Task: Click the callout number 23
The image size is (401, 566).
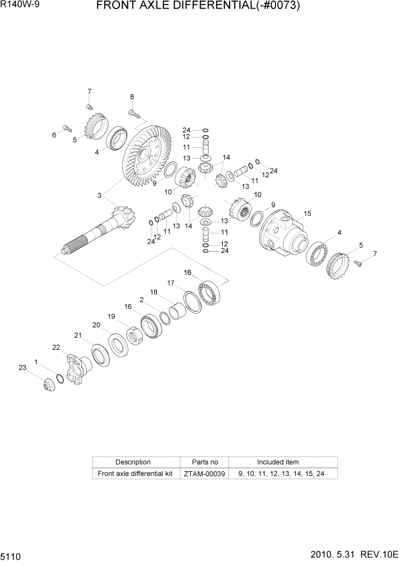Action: [x=22, y=368]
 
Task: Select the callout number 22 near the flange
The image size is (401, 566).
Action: [x=56, y=347]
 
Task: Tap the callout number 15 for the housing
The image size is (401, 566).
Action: [x=307, y=214]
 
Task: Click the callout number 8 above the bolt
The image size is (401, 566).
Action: [x=132, y=97]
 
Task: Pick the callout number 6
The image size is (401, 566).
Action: [x=54, y=135]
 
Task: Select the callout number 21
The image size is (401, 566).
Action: [x=78, y=335]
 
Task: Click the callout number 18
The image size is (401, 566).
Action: [x=154, y=292]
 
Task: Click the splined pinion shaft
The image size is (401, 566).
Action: [x=97, y=234]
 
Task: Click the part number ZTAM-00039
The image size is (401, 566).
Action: [x=204, y=474]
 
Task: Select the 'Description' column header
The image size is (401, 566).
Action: [x=133, y=462]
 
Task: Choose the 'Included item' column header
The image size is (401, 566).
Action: [x=278, y=462]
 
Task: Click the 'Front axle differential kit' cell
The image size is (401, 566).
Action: [x=135, y=474]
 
